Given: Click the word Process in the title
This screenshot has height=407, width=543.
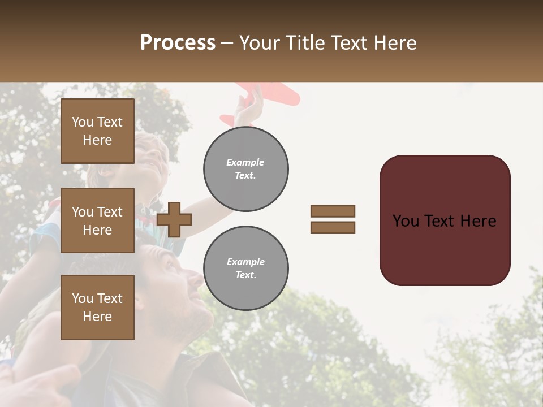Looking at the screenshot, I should (178, 43).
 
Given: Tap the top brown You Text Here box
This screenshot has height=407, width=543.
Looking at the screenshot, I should (97, 131).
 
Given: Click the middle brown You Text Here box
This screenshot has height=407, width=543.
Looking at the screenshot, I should (97, 220).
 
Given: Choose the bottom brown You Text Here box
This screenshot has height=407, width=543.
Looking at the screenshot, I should (97, 308).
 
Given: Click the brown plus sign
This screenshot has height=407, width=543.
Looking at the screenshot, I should (174, 219).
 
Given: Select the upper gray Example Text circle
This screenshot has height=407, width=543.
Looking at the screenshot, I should (246, 169).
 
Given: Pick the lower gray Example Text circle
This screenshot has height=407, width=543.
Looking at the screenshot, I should (246, 269).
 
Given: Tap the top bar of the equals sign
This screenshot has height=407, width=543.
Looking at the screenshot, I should (333, 211).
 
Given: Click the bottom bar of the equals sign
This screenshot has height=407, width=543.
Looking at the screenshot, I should (333, 227).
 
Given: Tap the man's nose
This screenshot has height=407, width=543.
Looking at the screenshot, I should (195, 278).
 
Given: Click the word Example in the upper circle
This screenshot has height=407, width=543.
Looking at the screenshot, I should (245, 162).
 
